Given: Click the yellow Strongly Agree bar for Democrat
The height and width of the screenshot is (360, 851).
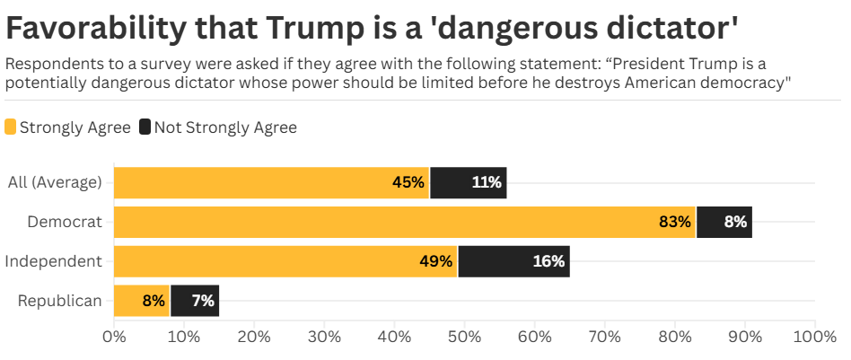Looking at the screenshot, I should [x=404, y=222].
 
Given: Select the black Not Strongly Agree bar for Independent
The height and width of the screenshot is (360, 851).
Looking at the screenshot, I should [x=513, y=261].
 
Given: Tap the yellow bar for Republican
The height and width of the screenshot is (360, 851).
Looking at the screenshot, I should [x=141, y=301].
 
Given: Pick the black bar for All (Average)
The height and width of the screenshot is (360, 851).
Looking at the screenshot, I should [x=468, y=182].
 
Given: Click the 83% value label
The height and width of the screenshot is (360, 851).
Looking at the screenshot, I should [x=674, y=222].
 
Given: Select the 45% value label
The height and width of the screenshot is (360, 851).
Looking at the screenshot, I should [x=408, y=182].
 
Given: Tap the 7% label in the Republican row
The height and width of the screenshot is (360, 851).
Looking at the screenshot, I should [x=202, y=301].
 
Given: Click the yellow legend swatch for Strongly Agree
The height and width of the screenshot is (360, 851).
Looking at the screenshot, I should [x=11, y=127].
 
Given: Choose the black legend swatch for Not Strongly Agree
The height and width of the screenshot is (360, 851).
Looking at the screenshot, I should [x=145, y=127].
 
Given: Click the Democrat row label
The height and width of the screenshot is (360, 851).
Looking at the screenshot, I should [x=65, y=222].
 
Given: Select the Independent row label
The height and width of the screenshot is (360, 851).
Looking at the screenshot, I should [x=54, y=261].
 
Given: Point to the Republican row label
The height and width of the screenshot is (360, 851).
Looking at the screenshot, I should [x=60, y=301].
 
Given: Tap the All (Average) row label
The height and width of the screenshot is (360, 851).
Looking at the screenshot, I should [x=55, y=182].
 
